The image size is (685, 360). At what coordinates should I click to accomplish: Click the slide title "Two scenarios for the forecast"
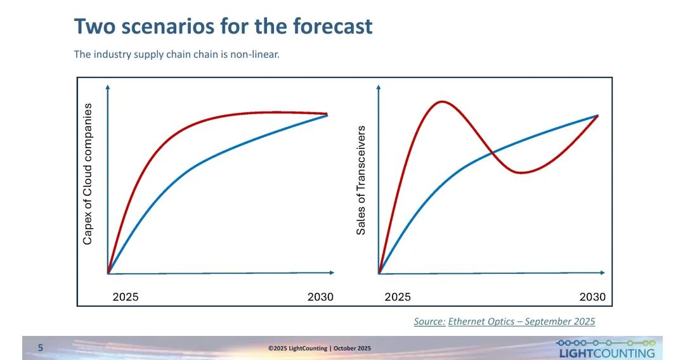[223, 27]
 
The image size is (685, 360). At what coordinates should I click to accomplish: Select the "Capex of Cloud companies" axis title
[88, 174]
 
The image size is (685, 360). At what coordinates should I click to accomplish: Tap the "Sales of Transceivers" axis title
[361, 180]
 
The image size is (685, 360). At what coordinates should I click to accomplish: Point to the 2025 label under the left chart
[126, 297]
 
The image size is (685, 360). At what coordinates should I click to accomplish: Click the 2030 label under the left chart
[320, 297]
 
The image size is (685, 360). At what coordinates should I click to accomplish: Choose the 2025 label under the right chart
[398, 297]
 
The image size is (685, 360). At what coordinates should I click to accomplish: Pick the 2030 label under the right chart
[592, 297]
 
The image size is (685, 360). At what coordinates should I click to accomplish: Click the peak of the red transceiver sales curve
[441, 101]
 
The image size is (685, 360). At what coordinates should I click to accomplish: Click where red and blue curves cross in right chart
[493, 152]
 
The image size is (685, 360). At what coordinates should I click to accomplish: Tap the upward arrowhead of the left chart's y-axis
[108, 86]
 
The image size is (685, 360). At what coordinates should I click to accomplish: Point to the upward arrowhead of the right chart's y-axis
[379, 86]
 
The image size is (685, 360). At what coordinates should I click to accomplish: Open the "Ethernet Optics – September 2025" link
[521, 321]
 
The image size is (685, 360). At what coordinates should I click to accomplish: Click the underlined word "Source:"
[429, 321]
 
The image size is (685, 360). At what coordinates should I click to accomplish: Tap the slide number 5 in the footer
[41, 347]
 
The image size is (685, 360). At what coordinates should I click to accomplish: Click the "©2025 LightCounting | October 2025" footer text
[319, 348]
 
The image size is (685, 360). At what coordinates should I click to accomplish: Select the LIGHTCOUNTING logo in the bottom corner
[606, 349]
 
